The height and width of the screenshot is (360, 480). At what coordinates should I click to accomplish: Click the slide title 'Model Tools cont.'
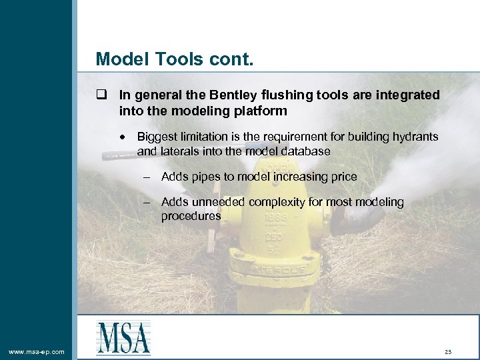click(x=175, y=59)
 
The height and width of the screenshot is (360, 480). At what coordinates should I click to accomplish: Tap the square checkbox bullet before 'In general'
click(x=101, y=95)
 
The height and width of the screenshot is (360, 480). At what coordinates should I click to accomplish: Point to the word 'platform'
click(x=262, y=110)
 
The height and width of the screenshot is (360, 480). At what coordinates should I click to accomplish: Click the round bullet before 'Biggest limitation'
click(x=124, y=137)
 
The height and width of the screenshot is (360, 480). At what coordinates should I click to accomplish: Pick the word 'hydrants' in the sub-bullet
click(x=415, y=137)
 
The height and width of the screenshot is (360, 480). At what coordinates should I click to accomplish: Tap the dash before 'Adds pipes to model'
click(x=147, y=177)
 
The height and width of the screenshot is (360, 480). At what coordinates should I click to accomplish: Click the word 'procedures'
click(x=191, y=217)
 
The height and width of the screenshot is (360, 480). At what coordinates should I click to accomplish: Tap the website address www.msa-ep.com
click(x=36, y=351)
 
